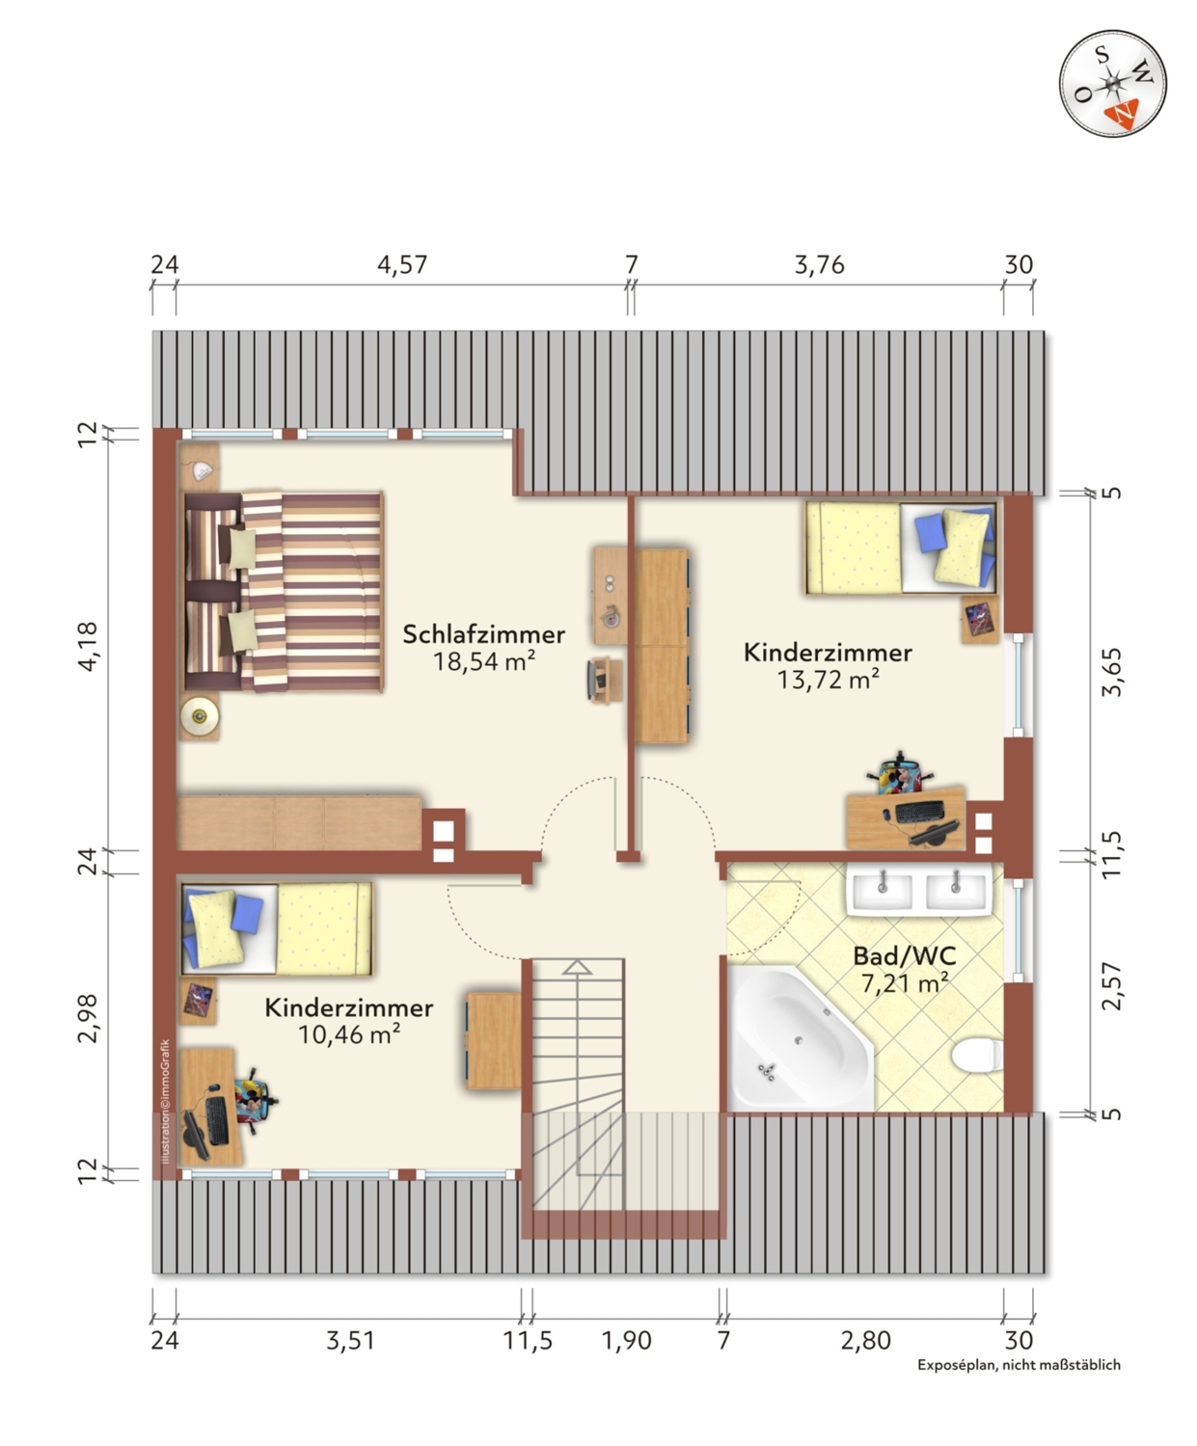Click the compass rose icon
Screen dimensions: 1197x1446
coord(1112,84)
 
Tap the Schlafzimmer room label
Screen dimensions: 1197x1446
coord(484,633)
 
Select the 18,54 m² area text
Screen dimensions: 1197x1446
coord(484,661)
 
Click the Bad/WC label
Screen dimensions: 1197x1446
coord(905,956)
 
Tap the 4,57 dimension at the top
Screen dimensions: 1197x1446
coord(402,264)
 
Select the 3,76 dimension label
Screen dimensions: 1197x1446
coord(819,264)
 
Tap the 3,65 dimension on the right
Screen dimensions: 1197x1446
coord(1111,672)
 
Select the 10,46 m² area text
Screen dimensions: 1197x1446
coord(349,1034)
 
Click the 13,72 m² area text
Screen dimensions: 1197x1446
coord(828,680)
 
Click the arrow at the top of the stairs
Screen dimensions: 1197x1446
coord(577,968)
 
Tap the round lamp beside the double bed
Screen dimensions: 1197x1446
coord(200,715)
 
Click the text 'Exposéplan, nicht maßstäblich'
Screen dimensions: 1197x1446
coord(1019,1365)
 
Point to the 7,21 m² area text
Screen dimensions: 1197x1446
coord(905,982)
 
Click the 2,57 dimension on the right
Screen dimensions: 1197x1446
coord(1111,986)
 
